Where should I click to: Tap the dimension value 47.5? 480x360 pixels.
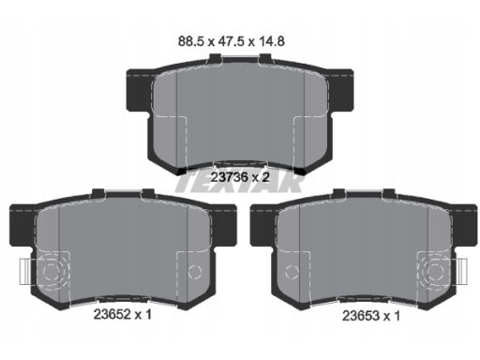[x=231, y=41]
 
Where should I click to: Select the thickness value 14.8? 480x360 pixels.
[x=271, y=41]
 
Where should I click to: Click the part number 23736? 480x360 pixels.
[x=230, y=177]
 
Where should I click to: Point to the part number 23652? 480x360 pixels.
[x=112, y=314]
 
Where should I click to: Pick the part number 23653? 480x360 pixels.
[x=361, y=316]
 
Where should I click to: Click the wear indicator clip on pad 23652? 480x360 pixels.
[x=25, y=272]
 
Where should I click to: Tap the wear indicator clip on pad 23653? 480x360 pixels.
[x=461, y=272]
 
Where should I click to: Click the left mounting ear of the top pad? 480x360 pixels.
[x=139, y=90]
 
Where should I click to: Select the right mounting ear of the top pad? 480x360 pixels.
[x=341, y=90]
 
